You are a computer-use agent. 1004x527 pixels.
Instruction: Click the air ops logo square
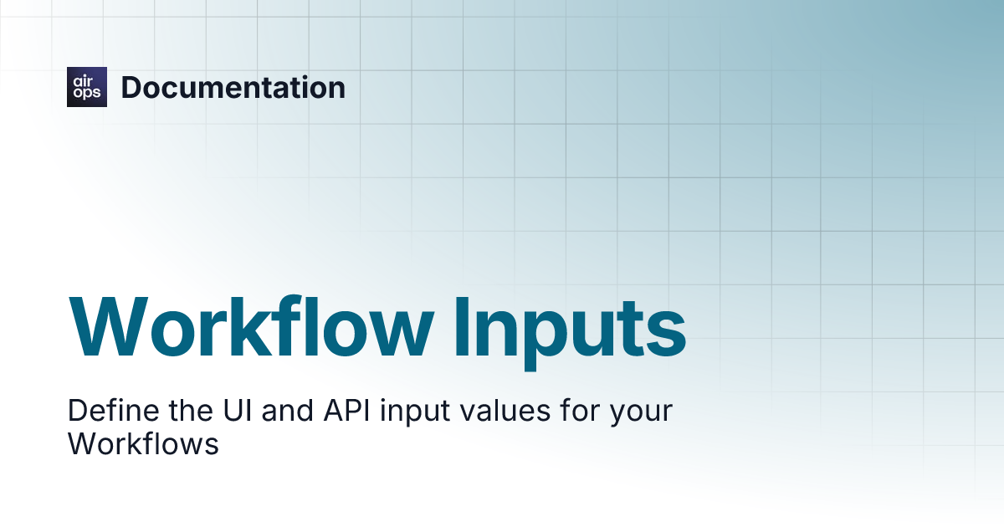[x=87, y=87]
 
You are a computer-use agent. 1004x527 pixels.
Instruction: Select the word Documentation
[x=233, y=87]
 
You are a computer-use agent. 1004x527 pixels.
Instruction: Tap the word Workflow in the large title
[x=251, y=327]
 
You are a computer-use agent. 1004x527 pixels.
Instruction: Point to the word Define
[x=114, y=410]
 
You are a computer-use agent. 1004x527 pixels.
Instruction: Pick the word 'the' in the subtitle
[x=191, y=410]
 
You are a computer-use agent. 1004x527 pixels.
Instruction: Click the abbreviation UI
[x=238, y=410]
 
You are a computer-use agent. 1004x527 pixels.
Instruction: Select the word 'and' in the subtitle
[x=287, y=410]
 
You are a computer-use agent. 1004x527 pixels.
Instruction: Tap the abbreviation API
[x=347, y=410]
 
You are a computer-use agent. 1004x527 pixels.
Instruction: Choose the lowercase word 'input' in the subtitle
[x=415, y=412]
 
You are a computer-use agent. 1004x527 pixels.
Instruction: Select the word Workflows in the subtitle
[x=143, y=443]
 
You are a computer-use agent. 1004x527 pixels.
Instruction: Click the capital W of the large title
[x=109, y=328]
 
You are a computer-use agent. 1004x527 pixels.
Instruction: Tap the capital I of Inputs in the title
[x=462, y=328]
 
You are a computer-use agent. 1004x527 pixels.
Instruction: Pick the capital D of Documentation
[x=132, y=87]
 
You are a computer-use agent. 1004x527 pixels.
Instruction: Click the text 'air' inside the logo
[x=83, y=81]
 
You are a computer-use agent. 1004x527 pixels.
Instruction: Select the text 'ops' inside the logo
[x=87, y=93]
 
